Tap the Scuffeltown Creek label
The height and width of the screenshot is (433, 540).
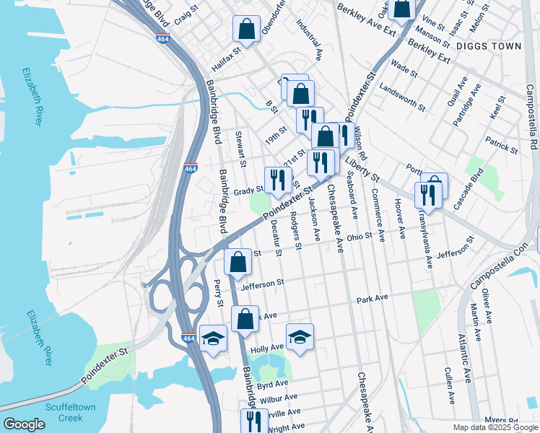(x=70, y=412)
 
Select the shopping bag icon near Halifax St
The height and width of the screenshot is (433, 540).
(x=246, y=30)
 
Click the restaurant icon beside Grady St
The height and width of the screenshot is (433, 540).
(x=277, y=180)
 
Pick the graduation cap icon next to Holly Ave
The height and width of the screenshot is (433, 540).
(x=300, y=336)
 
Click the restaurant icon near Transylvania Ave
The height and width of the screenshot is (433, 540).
(x=427, y=195)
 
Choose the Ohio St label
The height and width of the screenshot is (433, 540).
(x=358, y=236)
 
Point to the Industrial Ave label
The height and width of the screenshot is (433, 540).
(x=309, y=39)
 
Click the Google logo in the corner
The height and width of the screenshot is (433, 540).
(x=23, y=424)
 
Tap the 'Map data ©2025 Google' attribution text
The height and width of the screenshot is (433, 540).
(x=495, y=427)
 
